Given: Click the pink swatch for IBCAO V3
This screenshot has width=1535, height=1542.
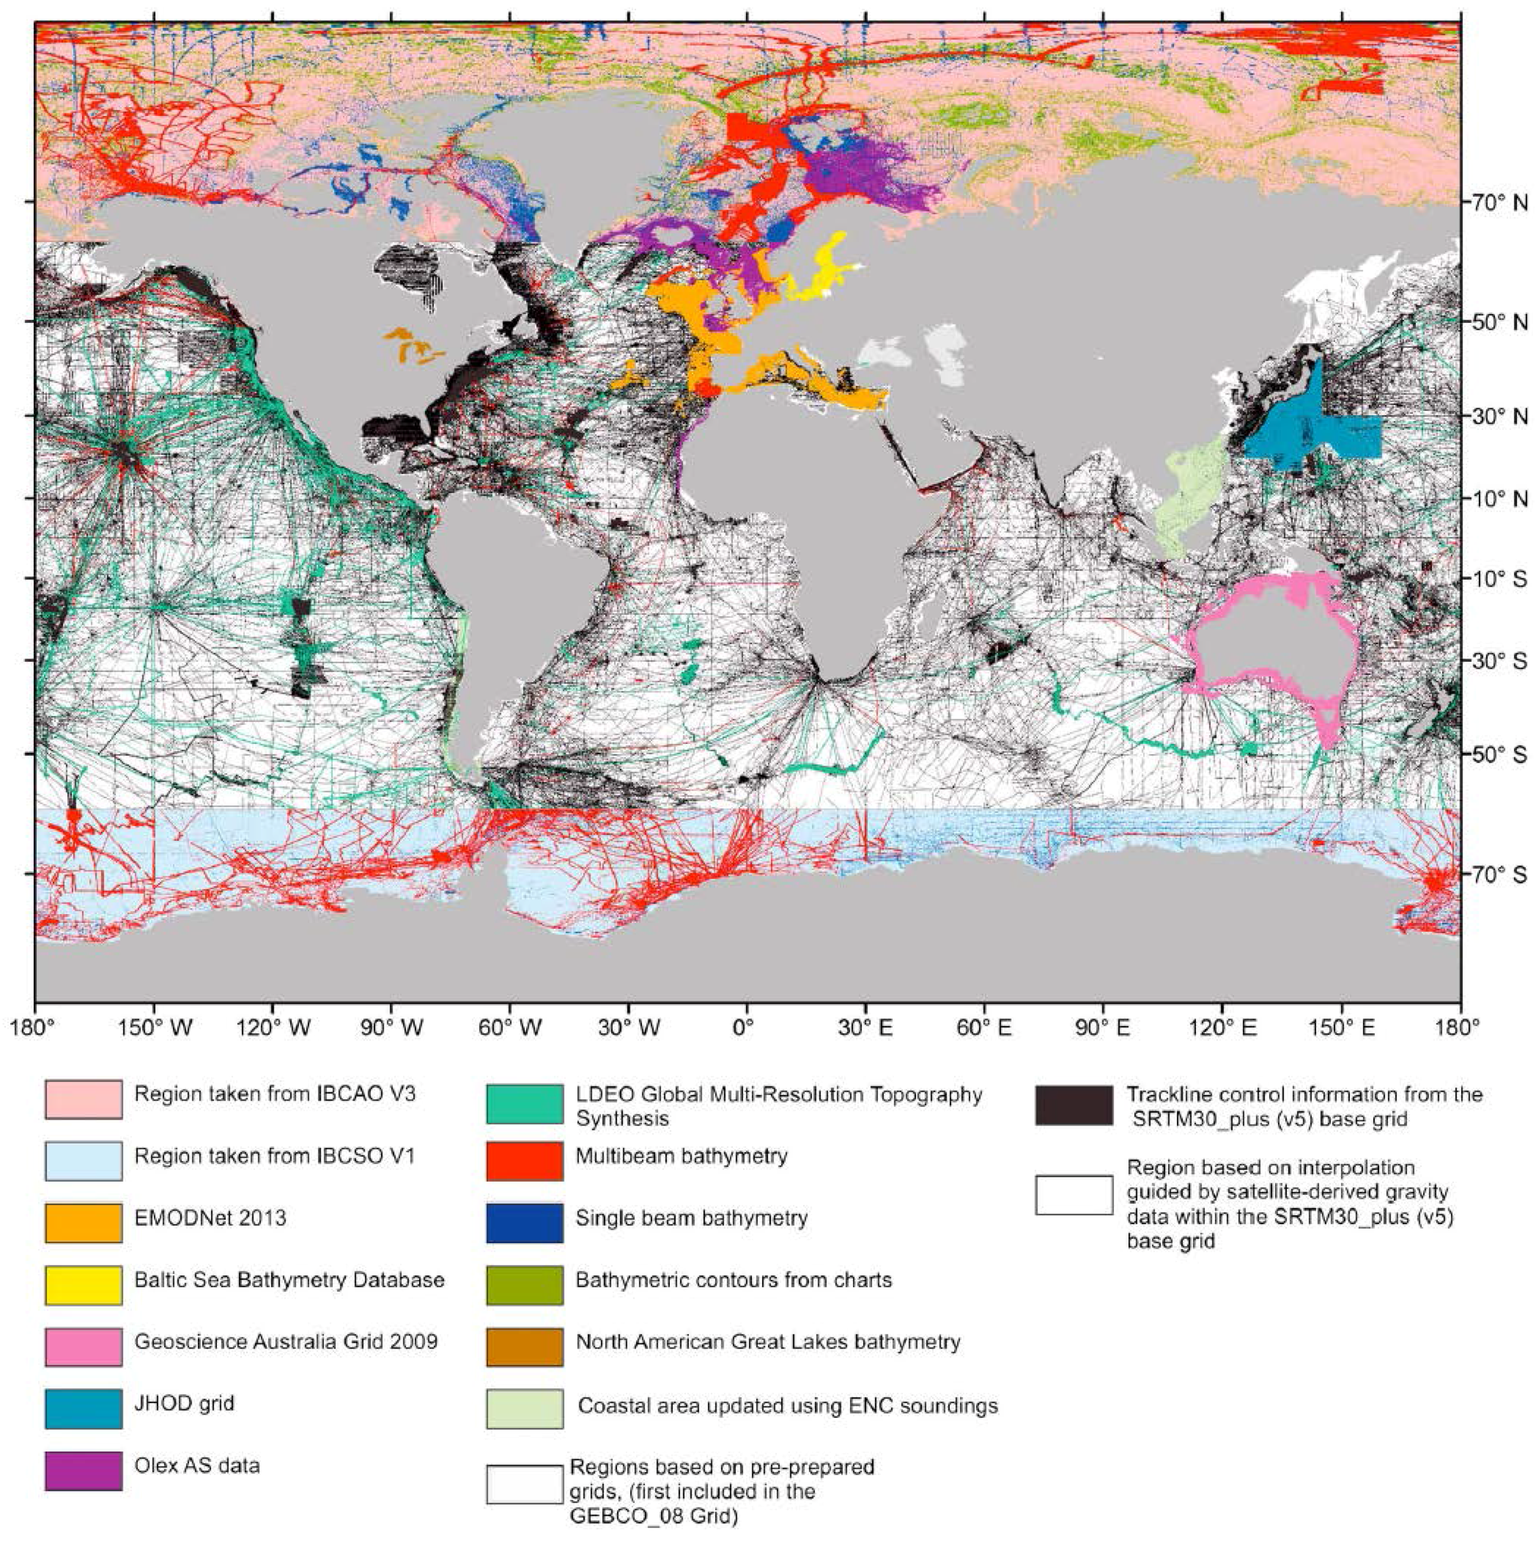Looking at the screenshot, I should pos(84,1099).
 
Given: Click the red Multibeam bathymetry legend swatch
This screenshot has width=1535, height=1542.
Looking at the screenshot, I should pos(524,1161).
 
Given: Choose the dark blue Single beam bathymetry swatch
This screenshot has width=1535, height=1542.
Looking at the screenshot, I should pos(524,1223).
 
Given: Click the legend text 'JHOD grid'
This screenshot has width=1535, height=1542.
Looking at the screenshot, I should pos(184,1403).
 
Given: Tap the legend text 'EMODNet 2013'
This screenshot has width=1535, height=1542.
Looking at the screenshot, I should pos(210,1218).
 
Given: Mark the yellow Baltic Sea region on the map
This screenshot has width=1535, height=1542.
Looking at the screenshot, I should pos(822,276).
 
